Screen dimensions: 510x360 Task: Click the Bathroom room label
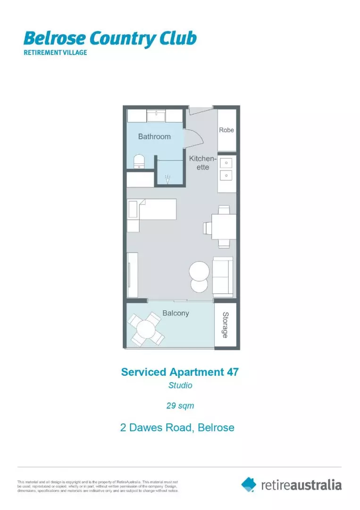154,136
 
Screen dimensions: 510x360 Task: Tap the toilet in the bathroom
139,161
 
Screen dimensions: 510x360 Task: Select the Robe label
226,130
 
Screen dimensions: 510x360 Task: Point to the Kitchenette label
203,163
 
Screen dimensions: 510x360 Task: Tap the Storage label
226,325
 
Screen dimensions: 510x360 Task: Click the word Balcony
176,313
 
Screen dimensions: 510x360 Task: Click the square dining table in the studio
223,227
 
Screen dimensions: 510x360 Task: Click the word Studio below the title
180,385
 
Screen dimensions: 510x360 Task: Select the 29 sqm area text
180,405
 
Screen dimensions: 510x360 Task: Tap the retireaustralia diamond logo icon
249,484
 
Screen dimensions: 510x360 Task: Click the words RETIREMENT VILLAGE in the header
55,52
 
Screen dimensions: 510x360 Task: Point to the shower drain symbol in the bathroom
167,179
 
